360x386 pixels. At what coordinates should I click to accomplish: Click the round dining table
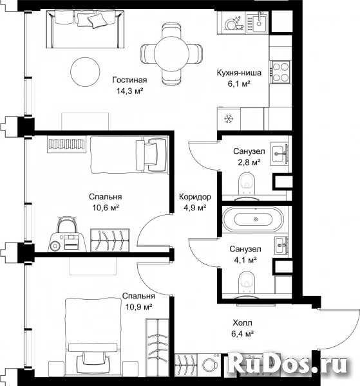coord(171,53)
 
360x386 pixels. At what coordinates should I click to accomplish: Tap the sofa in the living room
coord(86,29)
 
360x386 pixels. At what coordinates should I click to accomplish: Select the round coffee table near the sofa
coord(85,71)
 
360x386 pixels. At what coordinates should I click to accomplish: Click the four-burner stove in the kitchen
coord(280,71)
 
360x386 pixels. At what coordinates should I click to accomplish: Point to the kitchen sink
coord(257,23)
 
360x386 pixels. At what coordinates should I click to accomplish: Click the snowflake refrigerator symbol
coord(229,119)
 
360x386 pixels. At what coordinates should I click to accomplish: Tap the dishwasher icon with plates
coord(234,23)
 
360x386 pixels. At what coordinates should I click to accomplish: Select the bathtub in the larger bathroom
coord(253,219)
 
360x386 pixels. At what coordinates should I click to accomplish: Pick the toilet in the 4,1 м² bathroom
coord(247,282)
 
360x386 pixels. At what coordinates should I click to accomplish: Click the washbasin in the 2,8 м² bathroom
coord(279,153)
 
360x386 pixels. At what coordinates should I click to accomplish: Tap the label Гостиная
coord(129,80)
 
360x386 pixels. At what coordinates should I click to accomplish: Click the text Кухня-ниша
coord(239,73)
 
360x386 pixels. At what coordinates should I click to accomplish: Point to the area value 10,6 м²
coord(106,208)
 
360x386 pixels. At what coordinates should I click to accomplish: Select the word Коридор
coord(195,197)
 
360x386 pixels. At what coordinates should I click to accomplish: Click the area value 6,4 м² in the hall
coord(243,333)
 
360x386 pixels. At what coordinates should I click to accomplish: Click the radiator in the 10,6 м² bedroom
coord(66,144)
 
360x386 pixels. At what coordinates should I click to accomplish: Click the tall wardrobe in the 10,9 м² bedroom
coord(157,347)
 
